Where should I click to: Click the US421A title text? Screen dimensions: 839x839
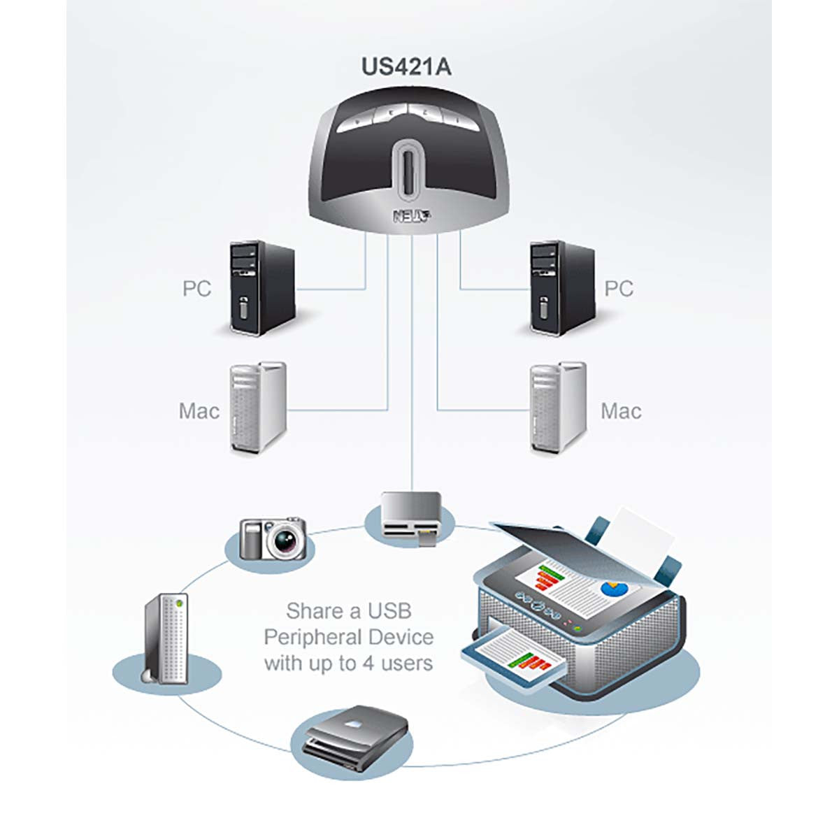coord(406,66)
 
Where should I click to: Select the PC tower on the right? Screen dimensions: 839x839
coord(562,288)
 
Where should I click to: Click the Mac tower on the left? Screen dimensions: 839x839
coord(258,407)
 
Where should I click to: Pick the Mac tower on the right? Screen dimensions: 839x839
coord(557,408)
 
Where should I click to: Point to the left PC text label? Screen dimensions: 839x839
coord(196,289)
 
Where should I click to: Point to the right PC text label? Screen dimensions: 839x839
coord(619,289)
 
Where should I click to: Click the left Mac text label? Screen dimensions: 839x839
coord(199,411)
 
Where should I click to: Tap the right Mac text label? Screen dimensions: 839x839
coord(621,411)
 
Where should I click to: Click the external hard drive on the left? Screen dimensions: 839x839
coord(166,638)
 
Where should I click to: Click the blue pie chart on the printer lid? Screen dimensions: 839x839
coord(614,588)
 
